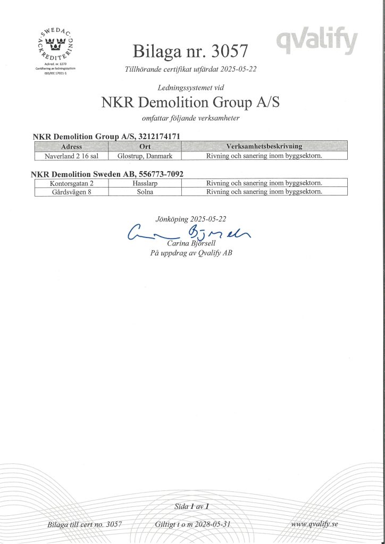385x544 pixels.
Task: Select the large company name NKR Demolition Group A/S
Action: click(x=190, y=102)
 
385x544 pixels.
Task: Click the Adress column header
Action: click(x=71, y=146)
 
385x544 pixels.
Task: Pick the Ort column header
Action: click(x=145, y=146)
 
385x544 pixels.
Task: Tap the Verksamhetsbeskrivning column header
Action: click(x=264, y=146)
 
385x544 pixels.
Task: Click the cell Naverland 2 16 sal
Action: click(x=71, y=156)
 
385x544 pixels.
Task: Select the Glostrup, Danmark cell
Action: click(x=145, y=156)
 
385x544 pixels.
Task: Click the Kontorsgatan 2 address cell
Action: click(x=71, y=183)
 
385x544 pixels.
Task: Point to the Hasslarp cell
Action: click(x=145, y=183)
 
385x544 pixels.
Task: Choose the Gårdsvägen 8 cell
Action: click(x=71, y=192)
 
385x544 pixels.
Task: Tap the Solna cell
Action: click(x=145, y=192)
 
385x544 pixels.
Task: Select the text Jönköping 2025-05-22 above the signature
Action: click(x=190, y=218)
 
